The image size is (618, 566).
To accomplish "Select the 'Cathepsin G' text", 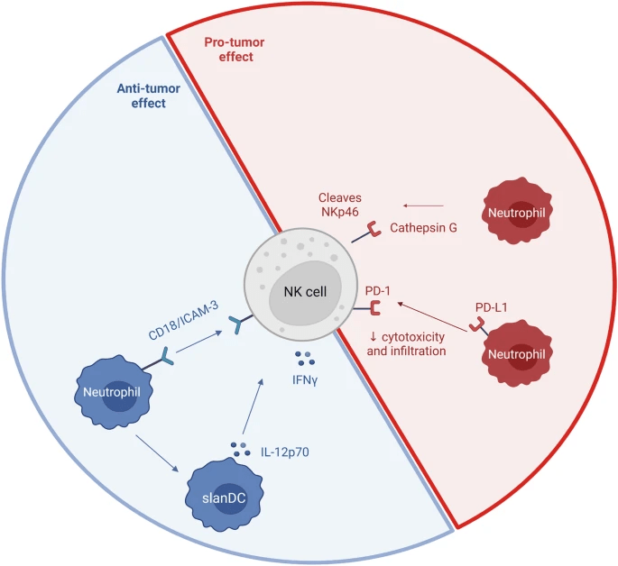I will [x=423, y=228].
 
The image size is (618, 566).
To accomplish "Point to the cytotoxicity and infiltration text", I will [x=406, y=343].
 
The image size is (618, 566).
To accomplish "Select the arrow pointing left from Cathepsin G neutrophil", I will [x=428, y=205].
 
